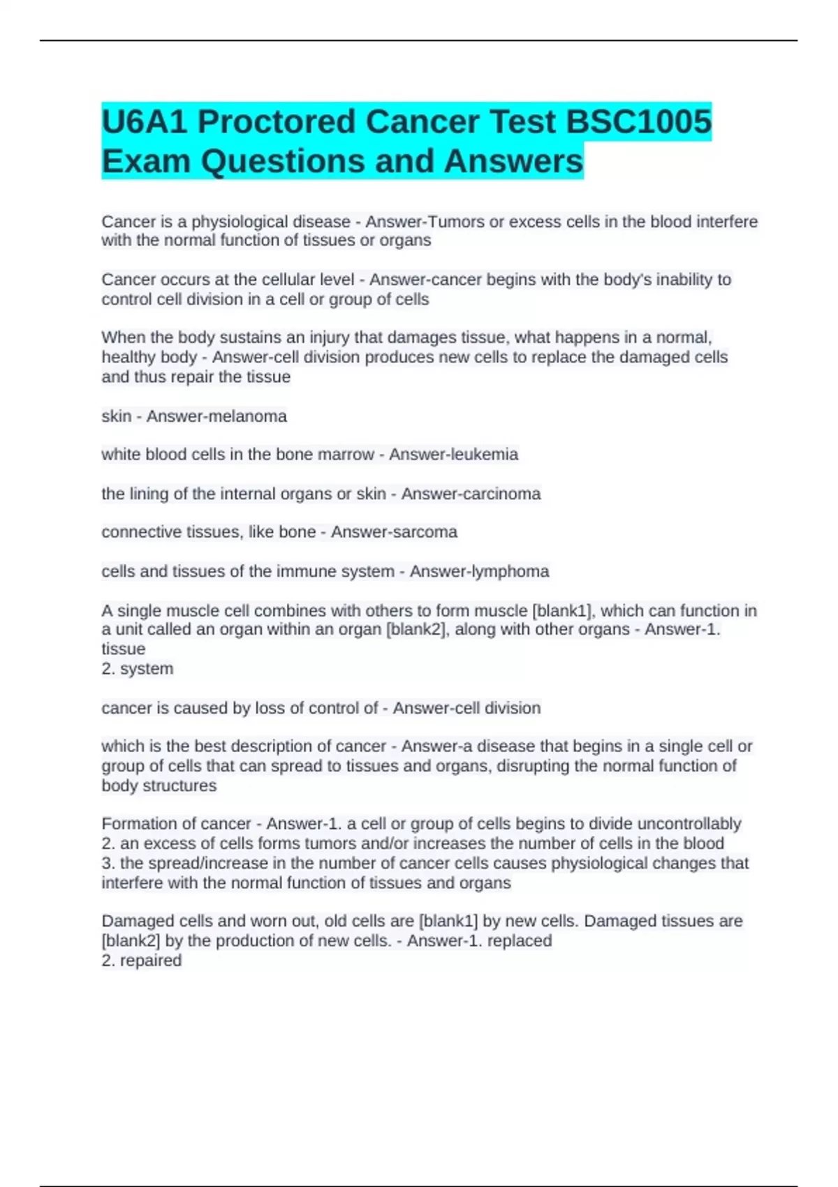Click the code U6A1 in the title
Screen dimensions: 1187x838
click(x=145, y=121)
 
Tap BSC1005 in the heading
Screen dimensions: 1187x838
click(x=638, y=121)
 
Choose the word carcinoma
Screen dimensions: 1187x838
click(x=505, y=494)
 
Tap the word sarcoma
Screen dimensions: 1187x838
click(x=425, y=532)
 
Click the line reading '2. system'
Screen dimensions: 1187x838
click(x=138, y=669)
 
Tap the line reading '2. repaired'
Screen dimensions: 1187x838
click(x=142, y=961)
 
